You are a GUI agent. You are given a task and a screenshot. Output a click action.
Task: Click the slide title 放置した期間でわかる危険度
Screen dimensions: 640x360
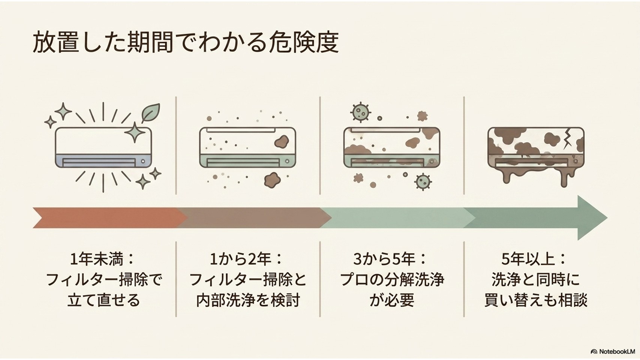point(186,43)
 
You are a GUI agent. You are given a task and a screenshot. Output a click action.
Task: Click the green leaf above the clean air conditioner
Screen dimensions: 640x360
point(151,113)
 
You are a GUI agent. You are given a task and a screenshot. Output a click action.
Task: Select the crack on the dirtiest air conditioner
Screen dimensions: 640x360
point(568,139)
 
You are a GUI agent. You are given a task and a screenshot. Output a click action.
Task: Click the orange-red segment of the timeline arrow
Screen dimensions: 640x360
point(110,218)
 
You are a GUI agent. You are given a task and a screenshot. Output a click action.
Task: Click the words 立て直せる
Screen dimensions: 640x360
point(104,300)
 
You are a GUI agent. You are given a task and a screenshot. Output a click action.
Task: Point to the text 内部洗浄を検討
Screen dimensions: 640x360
point(248,300)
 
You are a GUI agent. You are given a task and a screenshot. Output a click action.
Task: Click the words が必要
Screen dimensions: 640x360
point(392,300)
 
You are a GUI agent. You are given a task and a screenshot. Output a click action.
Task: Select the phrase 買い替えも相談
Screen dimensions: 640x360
point(536,300)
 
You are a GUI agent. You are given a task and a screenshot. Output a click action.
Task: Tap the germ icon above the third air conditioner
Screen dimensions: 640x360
point(361,112)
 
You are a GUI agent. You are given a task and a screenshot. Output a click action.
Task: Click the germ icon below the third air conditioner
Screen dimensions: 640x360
point(423,182)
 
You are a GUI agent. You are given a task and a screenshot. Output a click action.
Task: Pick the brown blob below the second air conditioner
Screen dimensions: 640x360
point(272,180)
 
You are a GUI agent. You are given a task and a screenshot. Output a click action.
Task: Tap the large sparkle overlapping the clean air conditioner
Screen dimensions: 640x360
point(135,132)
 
